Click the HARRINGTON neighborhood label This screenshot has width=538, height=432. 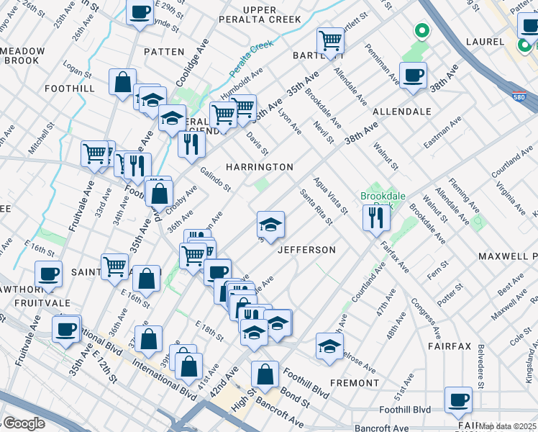[260, 167]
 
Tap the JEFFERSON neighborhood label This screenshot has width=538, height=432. [307, 250]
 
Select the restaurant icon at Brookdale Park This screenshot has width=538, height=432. [375, 217]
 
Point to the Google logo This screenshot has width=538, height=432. [23, 423]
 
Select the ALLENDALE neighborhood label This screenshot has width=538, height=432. [401, 112]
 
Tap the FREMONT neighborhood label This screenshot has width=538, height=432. [354, 383]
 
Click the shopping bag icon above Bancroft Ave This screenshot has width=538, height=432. [265, 374]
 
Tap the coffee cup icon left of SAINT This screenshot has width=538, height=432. [49, 274]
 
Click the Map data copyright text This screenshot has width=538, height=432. [508, 426]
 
